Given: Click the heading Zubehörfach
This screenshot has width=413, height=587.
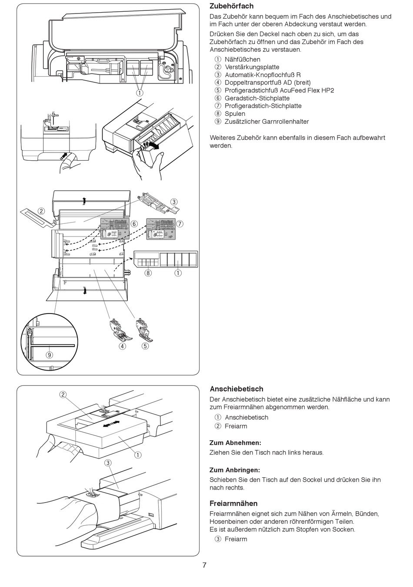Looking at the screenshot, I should point(231,7).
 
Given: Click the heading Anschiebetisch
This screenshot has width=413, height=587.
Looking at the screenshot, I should point(236,389).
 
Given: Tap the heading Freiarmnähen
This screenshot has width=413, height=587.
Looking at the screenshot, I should point(233,503).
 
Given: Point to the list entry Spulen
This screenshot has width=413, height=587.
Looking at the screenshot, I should point(235,114).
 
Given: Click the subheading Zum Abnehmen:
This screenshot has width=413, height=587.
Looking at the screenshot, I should point(235,442).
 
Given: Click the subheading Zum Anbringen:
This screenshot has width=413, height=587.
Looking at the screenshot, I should point(235,470).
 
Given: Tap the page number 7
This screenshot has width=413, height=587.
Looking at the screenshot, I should point(204,565).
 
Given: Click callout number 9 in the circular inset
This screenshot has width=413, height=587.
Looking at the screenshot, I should point(50,354).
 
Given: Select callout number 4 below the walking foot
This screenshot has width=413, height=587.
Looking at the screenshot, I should point(123,346).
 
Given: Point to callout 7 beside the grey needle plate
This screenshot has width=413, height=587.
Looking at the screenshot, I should point(180,224).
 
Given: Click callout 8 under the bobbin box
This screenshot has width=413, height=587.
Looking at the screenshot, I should point(149,273).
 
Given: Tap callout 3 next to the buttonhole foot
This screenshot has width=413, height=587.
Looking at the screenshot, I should point(174,202).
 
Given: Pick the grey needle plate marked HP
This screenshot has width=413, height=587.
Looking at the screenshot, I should point(160,228).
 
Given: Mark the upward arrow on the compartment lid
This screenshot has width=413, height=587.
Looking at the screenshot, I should point(84,200).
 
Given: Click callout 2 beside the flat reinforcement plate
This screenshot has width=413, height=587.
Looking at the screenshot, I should point(41,211).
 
